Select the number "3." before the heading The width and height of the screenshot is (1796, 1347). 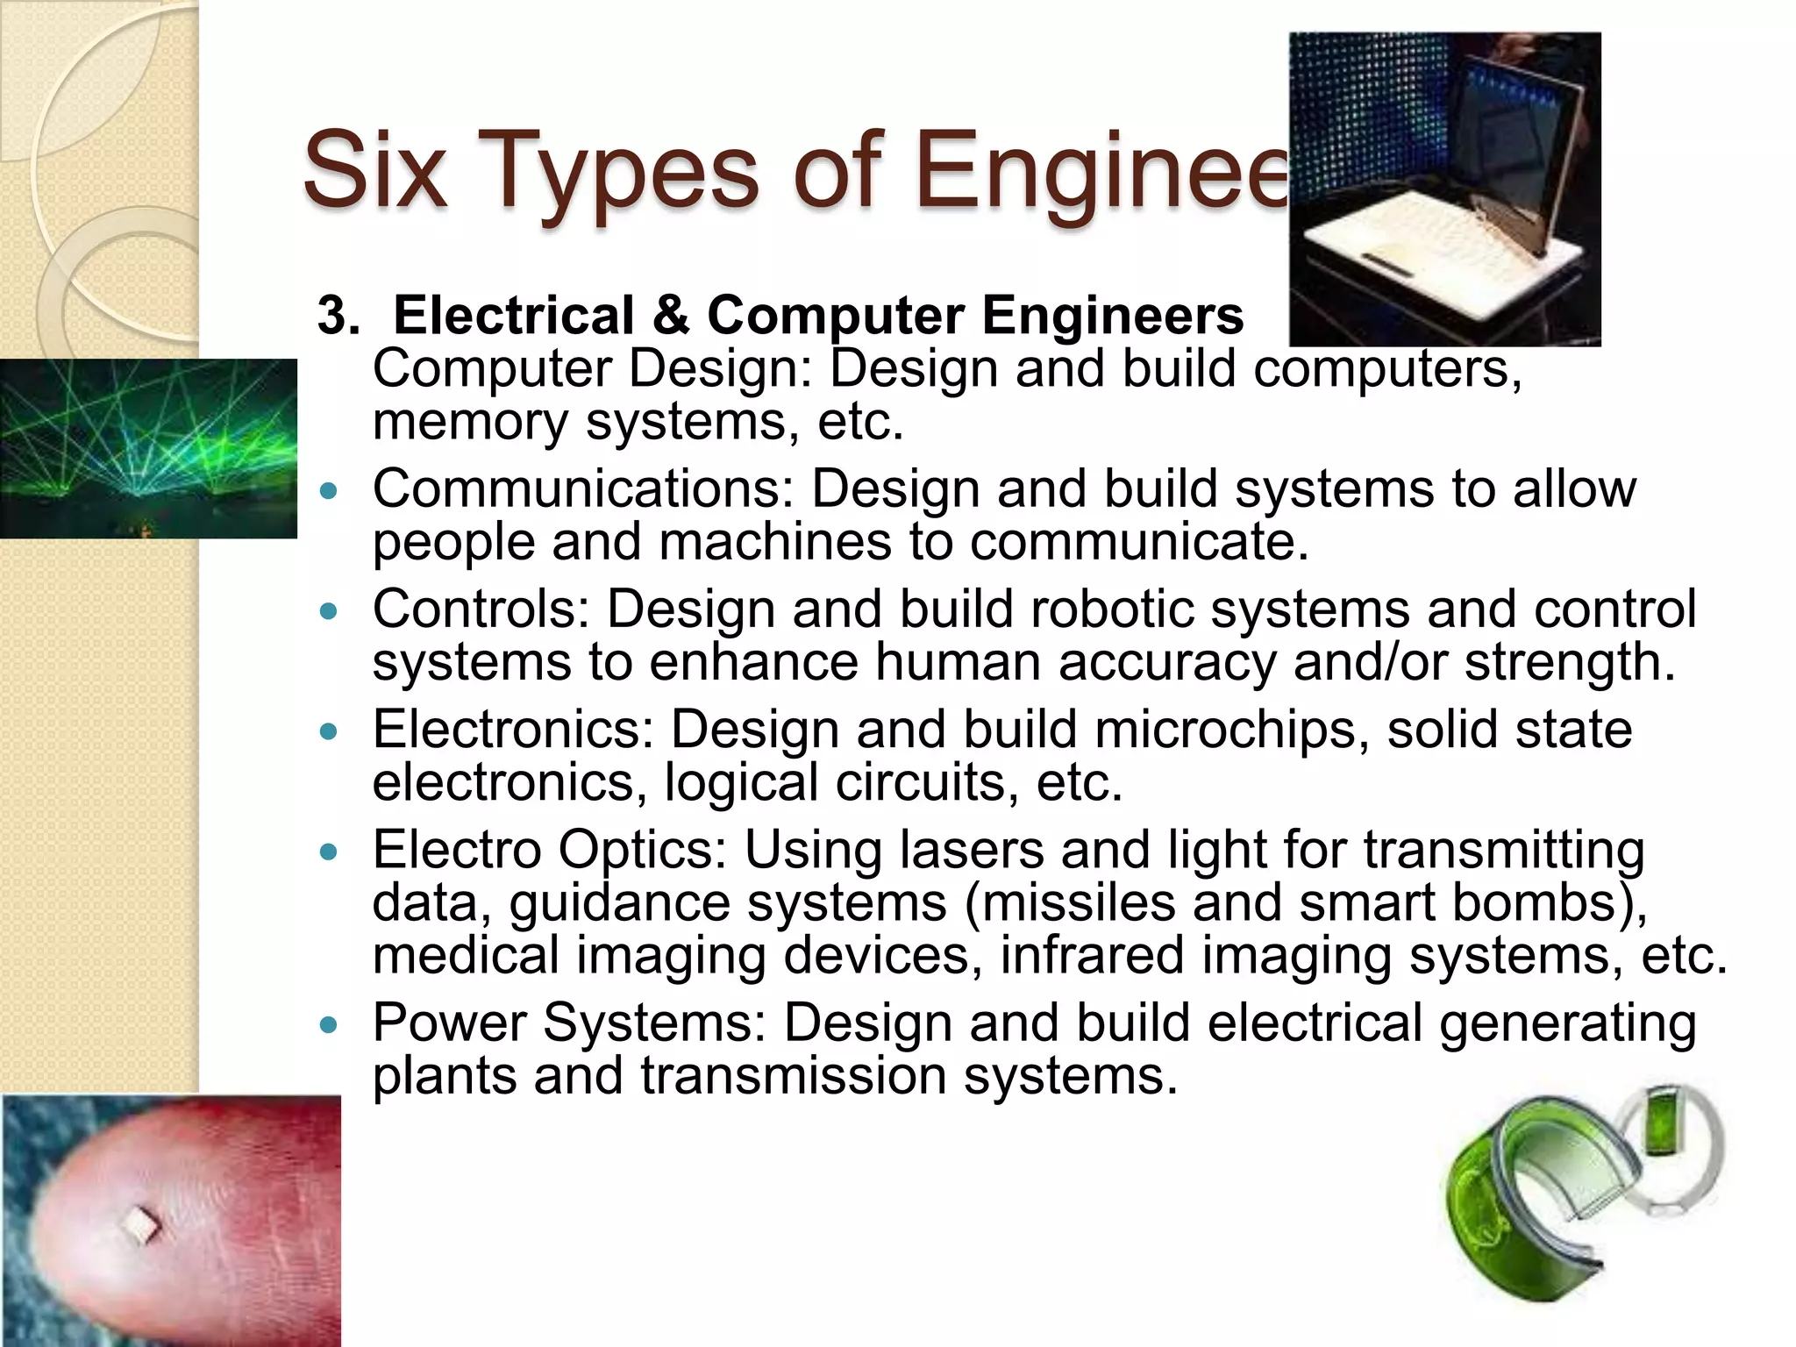[339, 315]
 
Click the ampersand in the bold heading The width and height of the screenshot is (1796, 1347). [671, 315]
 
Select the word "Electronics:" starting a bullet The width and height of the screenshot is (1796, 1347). [513, 729]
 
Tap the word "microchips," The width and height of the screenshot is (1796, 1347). [1231, 729]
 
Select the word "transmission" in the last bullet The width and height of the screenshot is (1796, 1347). [793, 1075]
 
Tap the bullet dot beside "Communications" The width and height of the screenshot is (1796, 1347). [329, 491]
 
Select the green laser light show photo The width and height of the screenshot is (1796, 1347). [148, 448]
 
